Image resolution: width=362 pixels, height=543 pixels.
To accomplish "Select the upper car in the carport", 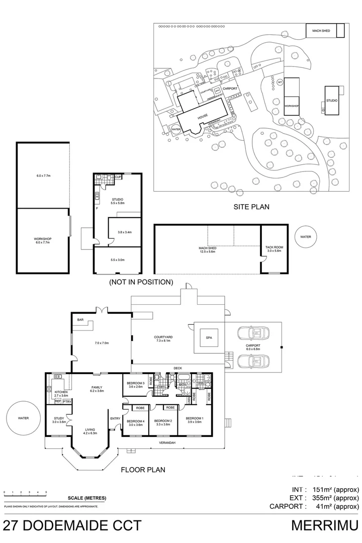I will coord(253,332).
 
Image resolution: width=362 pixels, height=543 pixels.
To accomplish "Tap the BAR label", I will coord(80,319).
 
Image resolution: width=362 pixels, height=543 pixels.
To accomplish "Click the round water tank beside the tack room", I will coord(306,236).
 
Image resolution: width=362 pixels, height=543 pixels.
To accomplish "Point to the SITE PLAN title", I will coord(251,207).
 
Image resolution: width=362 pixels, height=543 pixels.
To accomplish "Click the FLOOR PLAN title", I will coord(143,471).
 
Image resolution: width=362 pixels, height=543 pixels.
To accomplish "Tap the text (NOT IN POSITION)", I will coord(141,282).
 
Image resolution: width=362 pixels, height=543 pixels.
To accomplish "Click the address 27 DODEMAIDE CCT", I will coord(71,526).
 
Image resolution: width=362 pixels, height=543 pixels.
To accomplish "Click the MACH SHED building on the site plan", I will coord(324,31).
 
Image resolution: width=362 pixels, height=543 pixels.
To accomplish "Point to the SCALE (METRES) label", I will coord(90,498).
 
